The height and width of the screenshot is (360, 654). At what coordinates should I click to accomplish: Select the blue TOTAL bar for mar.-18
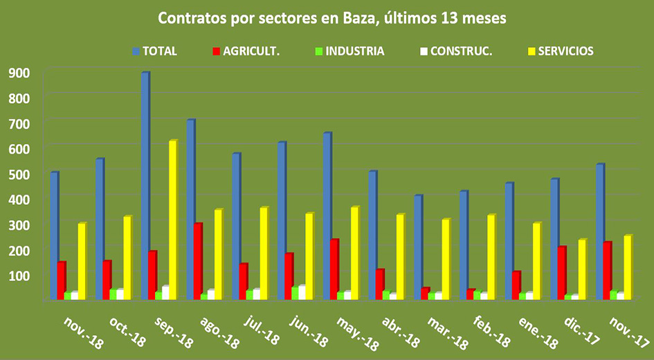pyautogui.click(x=418, y=247)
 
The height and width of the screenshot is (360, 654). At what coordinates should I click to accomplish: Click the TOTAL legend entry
pyautogui.click(x=155, y=51)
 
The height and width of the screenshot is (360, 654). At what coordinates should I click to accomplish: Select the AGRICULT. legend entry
pyautogui.click(x=246, y=51)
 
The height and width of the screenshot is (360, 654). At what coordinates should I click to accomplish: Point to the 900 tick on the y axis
pyautogui.click(x=18, y=72)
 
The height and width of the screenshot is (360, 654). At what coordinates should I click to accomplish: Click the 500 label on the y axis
pyautogui.click(x=18, y=174)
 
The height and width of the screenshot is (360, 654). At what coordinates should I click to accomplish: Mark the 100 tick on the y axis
pyautogui.click(x=18, y=276)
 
